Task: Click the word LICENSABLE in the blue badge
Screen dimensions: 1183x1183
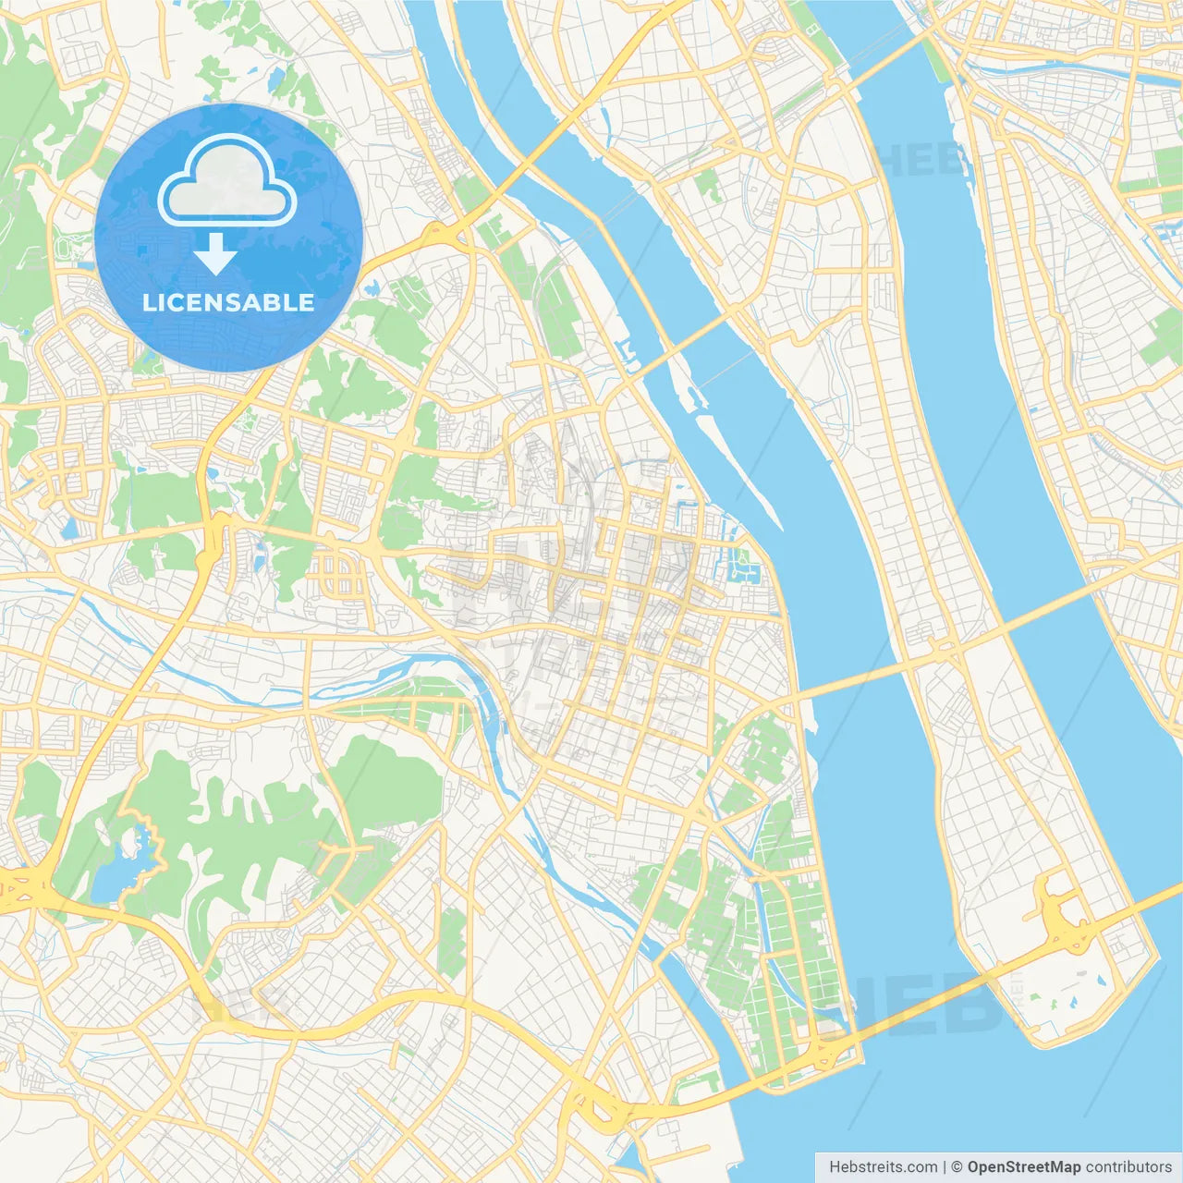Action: click(228, 303)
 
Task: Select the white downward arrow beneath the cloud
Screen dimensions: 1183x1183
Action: click(215, 255)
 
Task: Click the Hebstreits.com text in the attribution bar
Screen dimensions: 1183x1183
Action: click(883, 1167)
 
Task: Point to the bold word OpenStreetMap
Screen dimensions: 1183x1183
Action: click(1023, 1167)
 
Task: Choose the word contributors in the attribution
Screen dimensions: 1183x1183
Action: click(1128, 1167)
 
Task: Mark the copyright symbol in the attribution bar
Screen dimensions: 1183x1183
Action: click(957, 1167)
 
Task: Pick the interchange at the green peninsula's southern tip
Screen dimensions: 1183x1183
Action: click(823, 1049)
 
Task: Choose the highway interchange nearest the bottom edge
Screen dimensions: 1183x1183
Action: click(601, 1104)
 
